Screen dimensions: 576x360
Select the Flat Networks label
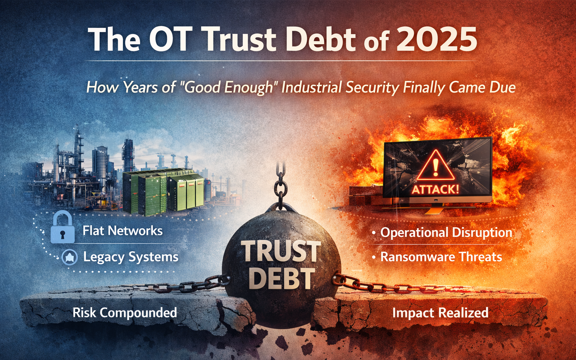pyautogui.click(x=122, y=230)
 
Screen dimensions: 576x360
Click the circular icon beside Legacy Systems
pyautogui.click(x=69, y=257)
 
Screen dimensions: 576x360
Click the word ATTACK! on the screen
pyautogui.click(x=435, y=190)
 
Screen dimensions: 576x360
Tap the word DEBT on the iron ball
pyautogui.click(x=282, y=279)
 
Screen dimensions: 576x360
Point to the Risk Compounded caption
pyautogui.click(x=125, y=313)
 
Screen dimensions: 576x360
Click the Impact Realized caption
pyautogui.click(x=440, y=313)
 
